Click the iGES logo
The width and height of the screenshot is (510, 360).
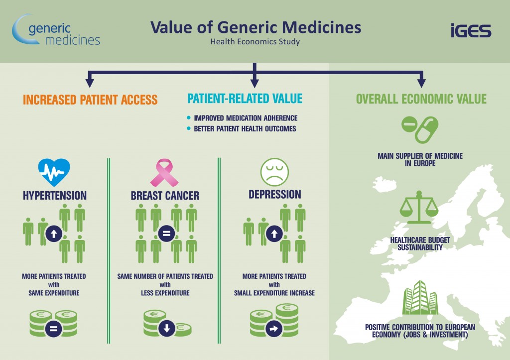[x=471, y=30]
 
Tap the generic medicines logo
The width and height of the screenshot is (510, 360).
[x=56, y=30]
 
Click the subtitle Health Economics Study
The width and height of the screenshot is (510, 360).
[x=255, y=42]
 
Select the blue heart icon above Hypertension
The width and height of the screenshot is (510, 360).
[x=54, y=172]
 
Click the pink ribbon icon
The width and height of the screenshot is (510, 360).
[x=164, y=172]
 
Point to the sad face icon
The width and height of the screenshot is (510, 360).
[x=274, y=172]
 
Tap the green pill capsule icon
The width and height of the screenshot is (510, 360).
[x=420, y=129]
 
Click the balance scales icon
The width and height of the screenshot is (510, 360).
[x=419, y=207]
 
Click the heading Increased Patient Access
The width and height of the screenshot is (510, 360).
[x=90, y=100]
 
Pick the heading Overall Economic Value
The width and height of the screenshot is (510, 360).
[x=421, y=99]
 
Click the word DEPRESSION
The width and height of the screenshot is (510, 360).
[x=275, y=195]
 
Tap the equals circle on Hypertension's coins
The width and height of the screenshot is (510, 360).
[x=54, y=328]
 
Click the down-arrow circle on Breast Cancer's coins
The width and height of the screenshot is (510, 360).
[x=167, y=328]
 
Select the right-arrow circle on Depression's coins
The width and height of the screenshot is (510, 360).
[x=274, y=329]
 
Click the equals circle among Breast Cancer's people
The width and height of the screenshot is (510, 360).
[x=166, y=234]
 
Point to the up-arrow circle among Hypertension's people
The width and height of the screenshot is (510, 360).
[x=54, y=234]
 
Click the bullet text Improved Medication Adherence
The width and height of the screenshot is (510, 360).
[x=246, y=118]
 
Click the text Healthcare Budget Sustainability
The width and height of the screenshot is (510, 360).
[x=420, y=243]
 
